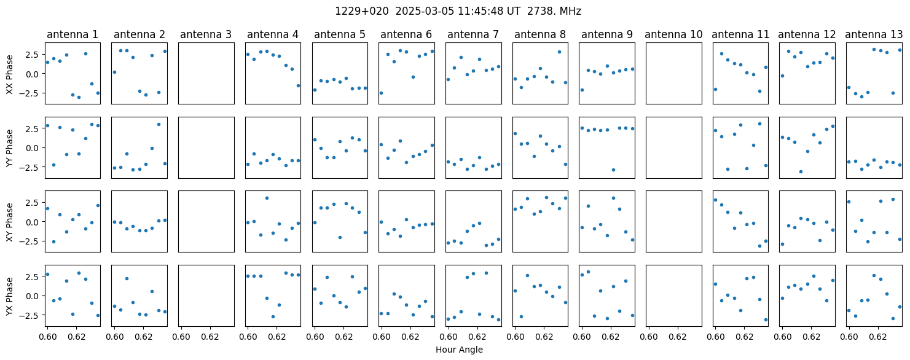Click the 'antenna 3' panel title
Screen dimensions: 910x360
click(x=206, y=35)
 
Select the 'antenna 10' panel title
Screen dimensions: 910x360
click(x=673, y=35)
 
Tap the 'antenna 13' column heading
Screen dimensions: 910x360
click(x=874, y=35)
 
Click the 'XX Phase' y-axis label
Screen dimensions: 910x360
click(x=9, y=74)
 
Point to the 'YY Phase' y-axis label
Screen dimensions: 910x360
click(x=9, y=148)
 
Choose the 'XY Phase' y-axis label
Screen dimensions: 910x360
click(x=9, y=222)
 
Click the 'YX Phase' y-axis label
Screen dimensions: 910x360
click(x=9, y=296)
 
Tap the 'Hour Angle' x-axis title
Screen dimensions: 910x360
click(x=459, y=350)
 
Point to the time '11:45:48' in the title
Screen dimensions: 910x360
click(x=483, y=11)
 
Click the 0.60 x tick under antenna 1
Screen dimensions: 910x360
click(x=47, y=337)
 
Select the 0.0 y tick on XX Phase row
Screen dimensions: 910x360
click(x=36, y=74)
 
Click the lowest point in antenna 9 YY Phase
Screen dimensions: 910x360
click(x=613, y=170)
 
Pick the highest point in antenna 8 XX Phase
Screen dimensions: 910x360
click(x=559, y=52)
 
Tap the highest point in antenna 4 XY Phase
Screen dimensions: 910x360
click(x=267, y=198)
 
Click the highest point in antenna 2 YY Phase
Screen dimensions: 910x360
click(x=159, y=124)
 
